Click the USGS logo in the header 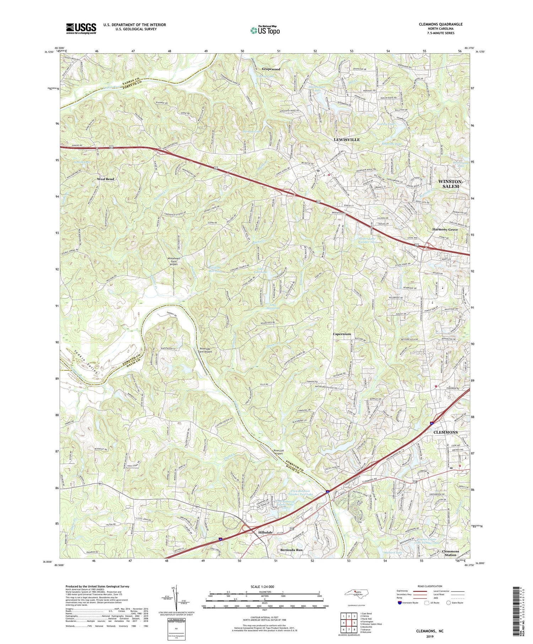[x=81, y=28]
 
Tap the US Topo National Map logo [x=265, y=31]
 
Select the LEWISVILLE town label [x=346, y=140]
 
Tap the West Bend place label [x=106, y=179]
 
